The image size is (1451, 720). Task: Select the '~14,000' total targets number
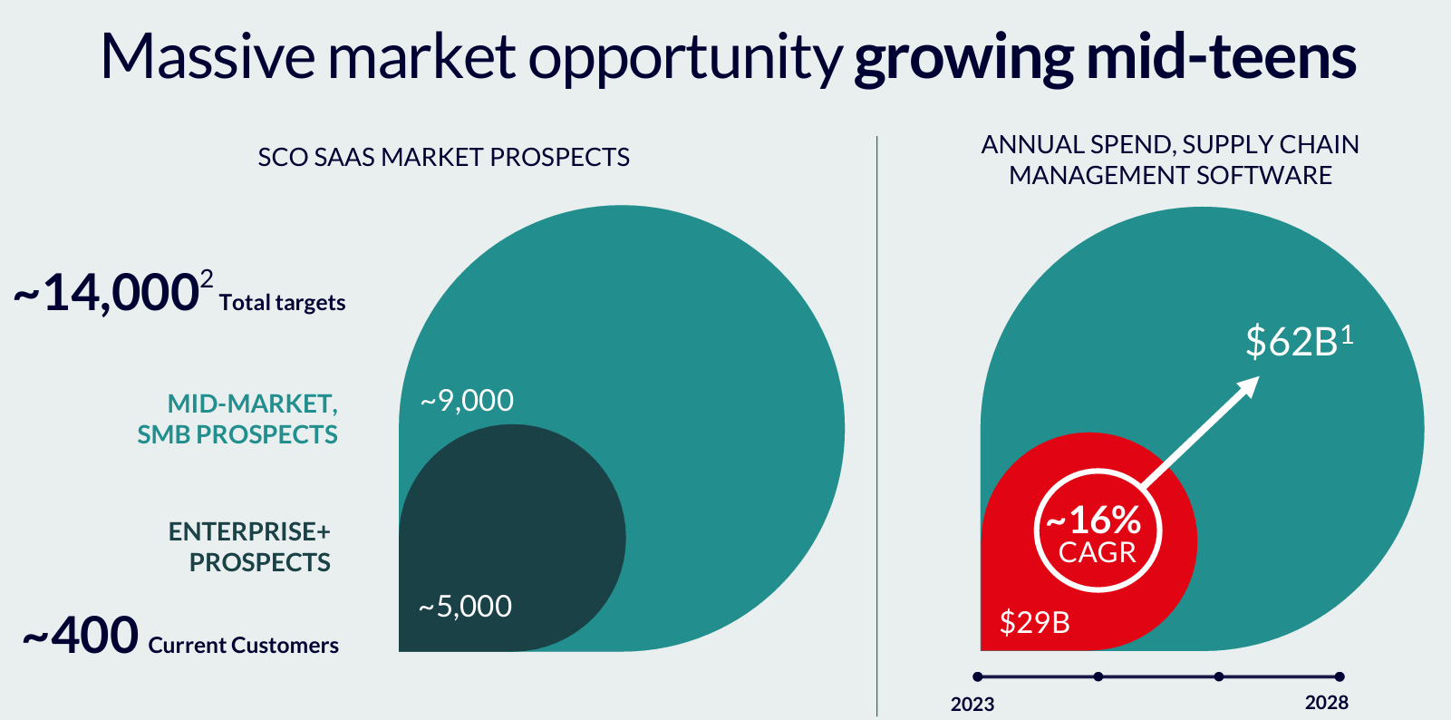pos(106,292)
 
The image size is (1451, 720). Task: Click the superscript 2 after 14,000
pos(206,279)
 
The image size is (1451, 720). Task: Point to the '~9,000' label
pos(467,400)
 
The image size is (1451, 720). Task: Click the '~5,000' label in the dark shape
pos(465,606)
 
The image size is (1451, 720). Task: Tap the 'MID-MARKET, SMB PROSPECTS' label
pos(237,419)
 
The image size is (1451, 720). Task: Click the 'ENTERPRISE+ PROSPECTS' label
pos(249,546)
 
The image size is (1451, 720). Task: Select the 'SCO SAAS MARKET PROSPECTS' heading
pos(444,157)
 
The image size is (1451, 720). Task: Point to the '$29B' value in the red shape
pos(1034,621)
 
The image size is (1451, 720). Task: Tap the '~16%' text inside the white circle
pos(1093,520)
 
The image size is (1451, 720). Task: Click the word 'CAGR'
pos(1098,552)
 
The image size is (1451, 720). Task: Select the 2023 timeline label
pos(972,704)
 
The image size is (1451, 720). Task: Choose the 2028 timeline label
pos(1327,702)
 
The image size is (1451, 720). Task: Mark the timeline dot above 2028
pos(1340,676)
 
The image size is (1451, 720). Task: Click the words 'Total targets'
pos(282,303)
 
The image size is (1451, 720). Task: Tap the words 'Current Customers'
pos(244,645)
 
